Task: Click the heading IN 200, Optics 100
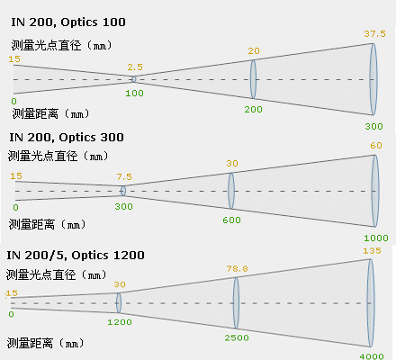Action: [68, 22]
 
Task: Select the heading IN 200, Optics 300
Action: [67, 138]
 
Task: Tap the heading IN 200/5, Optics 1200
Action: [76, 256]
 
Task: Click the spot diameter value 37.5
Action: [374, 33]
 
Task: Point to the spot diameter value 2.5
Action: [135, 67]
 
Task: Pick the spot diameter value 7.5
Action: [124, 176]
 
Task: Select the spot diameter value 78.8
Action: [238, 268]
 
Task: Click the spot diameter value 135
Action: [372, 250]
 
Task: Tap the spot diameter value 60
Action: [376, 146]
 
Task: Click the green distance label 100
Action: [134, 93]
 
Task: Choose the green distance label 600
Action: [231, 220]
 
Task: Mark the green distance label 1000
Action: [376, 238]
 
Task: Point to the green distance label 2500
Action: [237, 337]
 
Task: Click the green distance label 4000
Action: [372, 356]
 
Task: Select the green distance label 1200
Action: [120, 322]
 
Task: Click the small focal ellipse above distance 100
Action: [134, 79]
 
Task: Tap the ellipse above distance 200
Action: [254, 79]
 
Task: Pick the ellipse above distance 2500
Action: [236, 303]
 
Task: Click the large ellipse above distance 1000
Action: [375, 191]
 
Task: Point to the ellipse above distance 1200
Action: [119, 302]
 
